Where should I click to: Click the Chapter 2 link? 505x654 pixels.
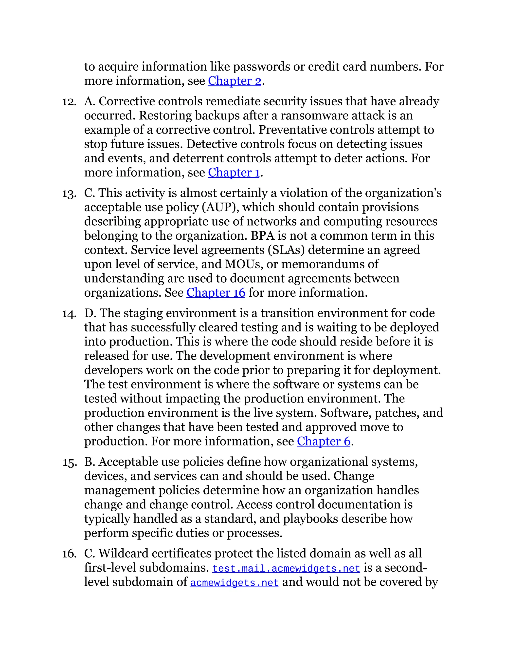click(234, 81)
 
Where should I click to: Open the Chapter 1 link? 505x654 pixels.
click(234, 173)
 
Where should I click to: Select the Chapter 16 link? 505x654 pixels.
click(216, 292)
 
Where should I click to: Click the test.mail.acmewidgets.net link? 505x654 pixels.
click(286, 568)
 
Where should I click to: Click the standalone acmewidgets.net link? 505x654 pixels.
click(234, 583)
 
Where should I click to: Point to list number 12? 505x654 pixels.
click(69, 102)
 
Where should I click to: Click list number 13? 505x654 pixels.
click(69, 194)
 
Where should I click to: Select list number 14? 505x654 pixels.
click(69, 314)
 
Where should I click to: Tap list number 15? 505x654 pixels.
click(69, 463)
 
